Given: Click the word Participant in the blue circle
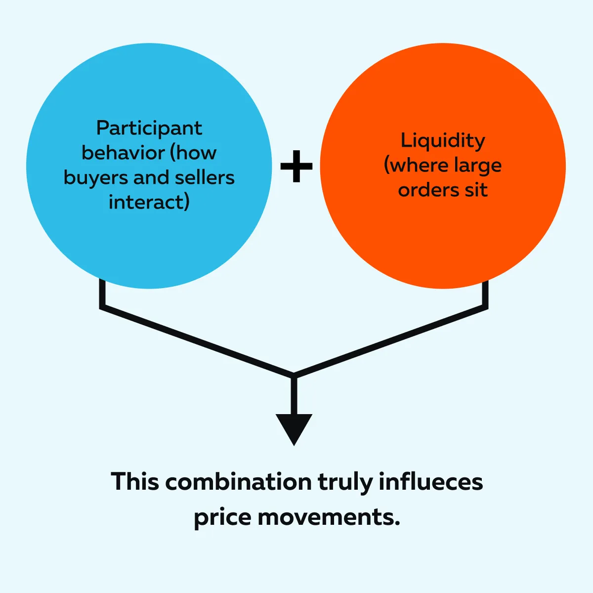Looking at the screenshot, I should [x=149, y=128].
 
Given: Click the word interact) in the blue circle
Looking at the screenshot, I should [x=149, y=202].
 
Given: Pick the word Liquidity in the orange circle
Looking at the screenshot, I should [x=443, y=141].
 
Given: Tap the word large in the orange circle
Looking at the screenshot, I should [x=476, y=166].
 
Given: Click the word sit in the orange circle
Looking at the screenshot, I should [x=476, y=190].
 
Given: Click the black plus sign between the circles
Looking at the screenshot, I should [x=296, y=166].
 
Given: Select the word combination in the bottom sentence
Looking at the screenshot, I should [x=239, y=482].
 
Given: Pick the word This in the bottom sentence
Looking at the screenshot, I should [x=134, y=482].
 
